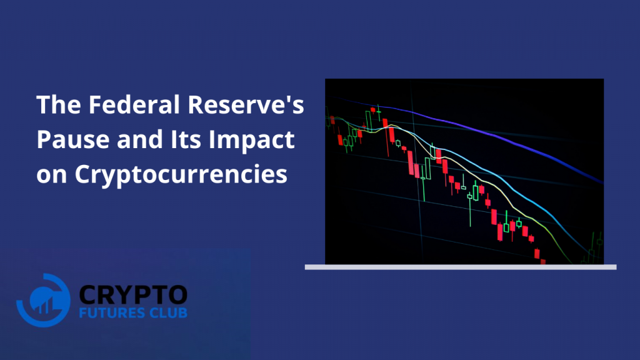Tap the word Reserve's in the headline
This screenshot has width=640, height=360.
[x=246, y=104]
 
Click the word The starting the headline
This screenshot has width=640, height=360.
[x=59, y=104]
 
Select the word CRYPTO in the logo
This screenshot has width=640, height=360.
[x=133, y=295]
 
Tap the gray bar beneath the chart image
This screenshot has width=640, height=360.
[x=461, y=267]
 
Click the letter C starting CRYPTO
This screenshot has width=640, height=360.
[x=87, y=295]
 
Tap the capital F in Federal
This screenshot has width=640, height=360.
[x=96, y=104]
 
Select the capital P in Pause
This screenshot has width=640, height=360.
[x=44, y=139]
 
